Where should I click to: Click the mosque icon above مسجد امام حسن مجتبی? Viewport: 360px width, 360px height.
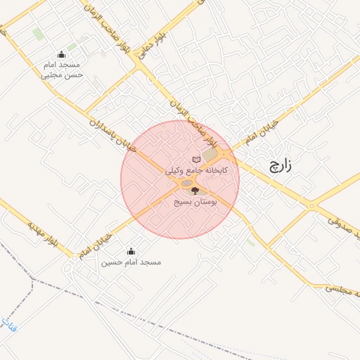click(x=62, y=55)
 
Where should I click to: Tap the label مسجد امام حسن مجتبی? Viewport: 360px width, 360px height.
click(x=62, y=69)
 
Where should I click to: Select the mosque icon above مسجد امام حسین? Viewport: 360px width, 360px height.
click(x=131, y=251)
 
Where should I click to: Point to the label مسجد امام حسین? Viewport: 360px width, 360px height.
click(x=131, y=262)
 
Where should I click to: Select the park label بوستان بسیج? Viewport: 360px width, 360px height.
click(x=195, y=201)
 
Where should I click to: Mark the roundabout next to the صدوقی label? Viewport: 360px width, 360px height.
click(x=311, y=206)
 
